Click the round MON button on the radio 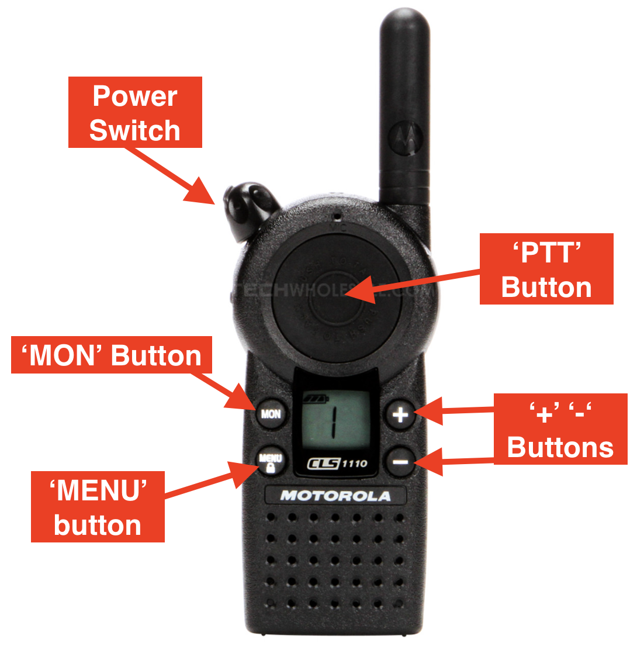click(271, 414)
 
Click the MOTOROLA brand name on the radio click(335, 496)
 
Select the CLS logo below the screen click(323, 464)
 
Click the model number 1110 click(354, 464)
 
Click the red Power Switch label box click(135, 112)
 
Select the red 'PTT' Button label click(546, 269)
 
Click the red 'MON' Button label click(112, 355)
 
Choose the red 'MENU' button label click(98, 507)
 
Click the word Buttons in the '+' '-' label click(560, 447)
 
